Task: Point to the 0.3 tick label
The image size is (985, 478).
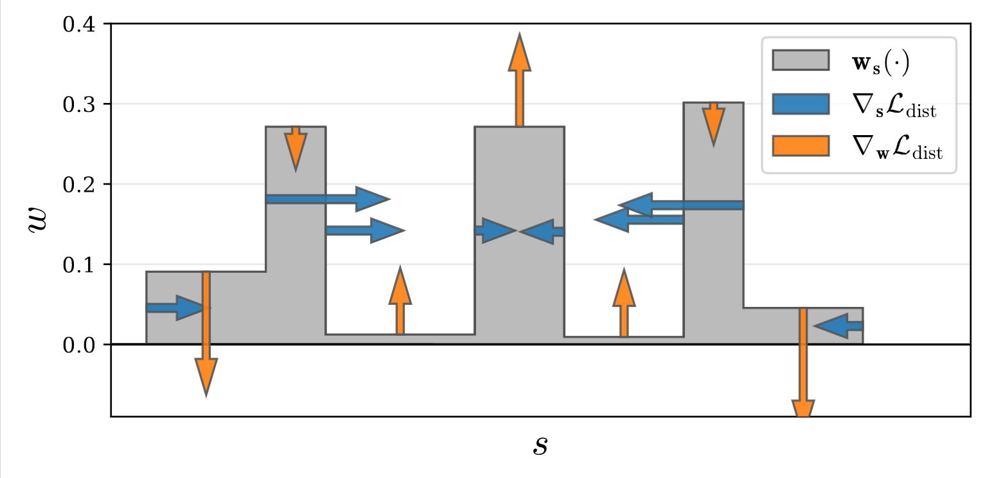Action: [x=78, y=104]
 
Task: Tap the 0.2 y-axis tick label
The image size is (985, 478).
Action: [x=78, y=185]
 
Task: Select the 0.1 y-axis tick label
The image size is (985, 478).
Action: [x=78, y=264]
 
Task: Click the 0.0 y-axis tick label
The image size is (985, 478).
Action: [x=78, y=345]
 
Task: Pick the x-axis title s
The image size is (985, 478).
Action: [x=540, y=445]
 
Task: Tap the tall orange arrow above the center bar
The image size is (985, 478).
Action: [x=519, y=80]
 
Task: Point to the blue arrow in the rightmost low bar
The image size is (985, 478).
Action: [x=839, y=326]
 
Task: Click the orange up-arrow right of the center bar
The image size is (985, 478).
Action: [x=623, y=303]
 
